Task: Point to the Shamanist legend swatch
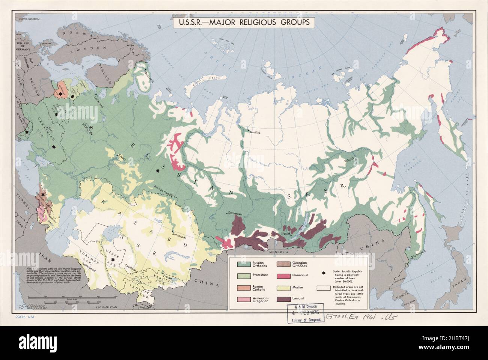click(285, 276)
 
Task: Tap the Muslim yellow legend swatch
click(285, 288)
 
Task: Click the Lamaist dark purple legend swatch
click(285, 300)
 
